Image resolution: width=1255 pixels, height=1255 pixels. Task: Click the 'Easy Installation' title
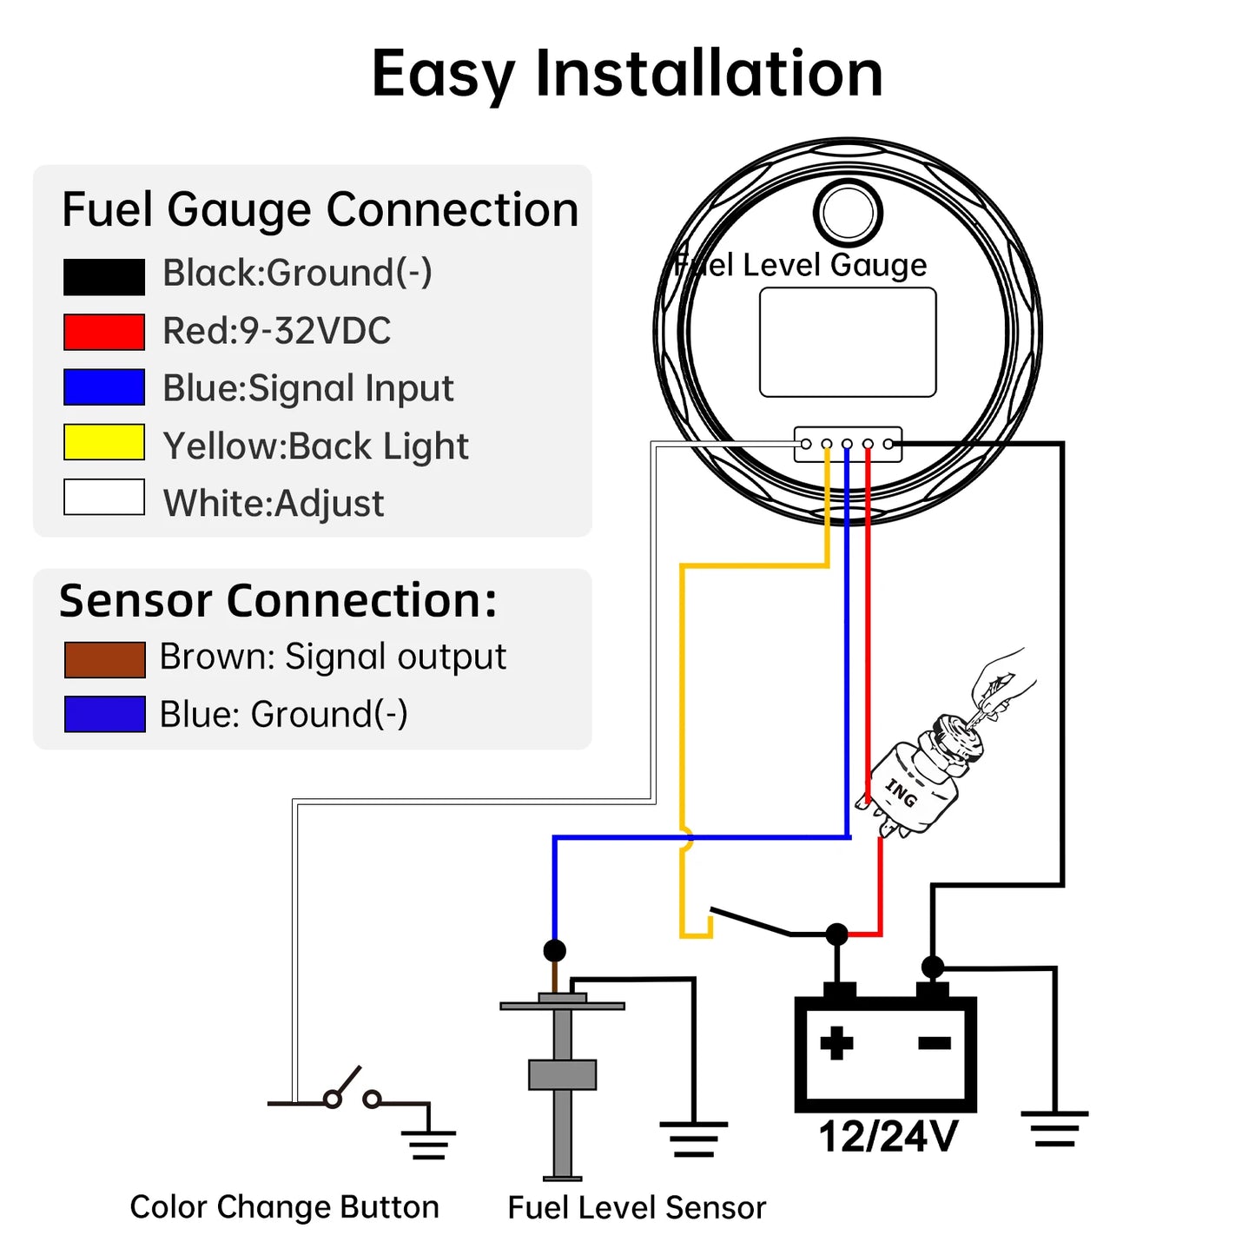(627, 74)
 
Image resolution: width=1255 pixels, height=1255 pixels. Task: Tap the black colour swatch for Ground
(104, 277)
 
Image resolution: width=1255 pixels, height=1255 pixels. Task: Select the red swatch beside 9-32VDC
(104, 332)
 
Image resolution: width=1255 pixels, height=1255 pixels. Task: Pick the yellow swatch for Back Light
(104, 442)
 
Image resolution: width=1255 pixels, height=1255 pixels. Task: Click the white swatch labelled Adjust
(104, 498)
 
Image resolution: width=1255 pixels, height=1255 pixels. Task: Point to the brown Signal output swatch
(104, 660)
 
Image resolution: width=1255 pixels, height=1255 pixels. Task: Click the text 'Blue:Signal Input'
(307, 388)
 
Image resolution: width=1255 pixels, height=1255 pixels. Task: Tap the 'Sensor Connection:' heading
(278, 601)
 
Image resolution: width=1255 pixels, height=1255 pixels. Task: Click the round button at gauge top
(848, 213)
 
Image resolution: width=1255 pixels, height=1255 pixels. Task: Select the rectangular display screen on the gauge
(848, 342)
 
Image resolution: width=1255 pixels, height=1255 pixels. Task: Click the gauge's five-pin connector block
(848, 445)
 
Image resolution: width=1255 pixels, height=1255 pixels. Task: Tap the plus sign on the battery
(836, 1043)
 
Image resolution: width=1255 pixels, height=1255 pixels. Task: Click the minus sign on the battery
(935, 1043)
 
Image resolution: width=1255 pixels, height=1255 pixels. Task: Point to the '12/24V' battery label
(888, 1137)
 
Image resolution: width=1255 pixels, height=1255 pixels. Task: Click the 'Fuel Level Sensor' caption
(637, 1208)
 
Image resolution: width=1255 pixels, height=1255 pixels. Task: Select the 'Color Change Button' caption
(284, 1207)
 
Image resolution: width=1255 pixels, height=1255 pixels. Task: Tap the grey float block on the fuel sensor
(562, 1074)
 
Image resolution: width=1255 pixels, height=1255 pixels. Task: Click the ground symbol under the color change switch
(428, 1145)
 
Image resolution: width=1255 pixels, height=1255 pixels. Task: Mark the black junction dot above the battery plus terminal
(836, 935)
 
